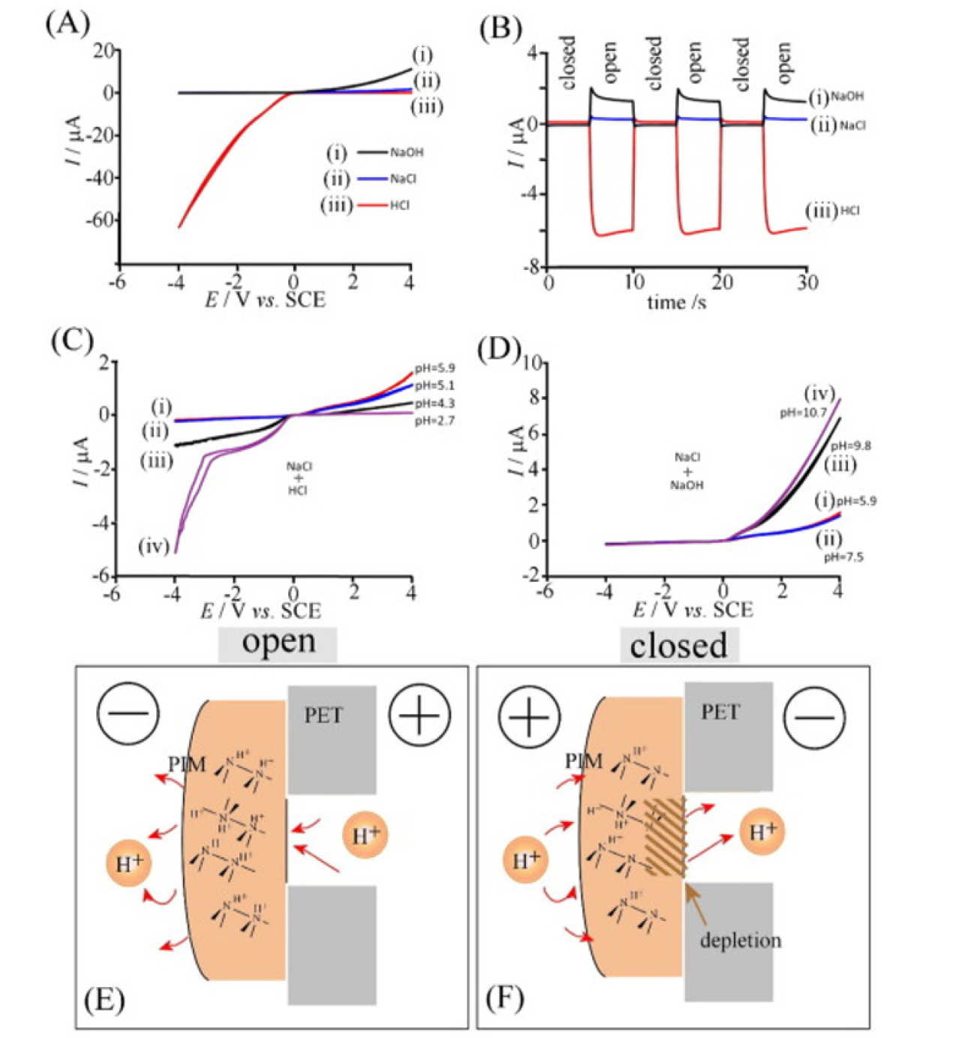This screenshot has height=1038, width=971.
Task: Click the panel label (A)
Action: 67,24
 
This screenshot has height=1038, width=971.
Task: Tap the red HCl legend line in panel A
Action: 372,205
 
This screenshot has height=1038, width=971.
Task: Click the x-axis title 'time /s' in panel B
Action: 677,302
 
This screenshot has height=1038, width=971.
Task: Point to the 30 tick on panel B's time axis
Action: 807,283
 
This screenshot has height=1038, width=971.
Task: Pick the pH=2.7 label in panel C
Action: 434,421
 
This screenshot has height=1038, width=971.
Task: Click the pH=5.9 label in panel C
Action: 434,368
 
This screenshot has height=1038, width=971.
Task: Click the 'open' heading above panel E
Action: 278,643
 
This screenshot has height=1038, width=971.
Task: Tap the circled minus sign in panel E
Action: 128,713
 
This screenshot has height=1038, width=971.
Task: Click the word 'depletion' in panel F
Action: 740,940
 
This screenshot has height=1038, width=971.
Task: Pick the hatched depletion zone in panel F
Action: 665,838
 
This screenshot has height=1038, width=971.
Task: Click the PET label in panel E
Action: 323,715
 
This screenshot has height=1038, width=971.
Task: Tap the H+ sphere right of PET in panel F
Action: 762,831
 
